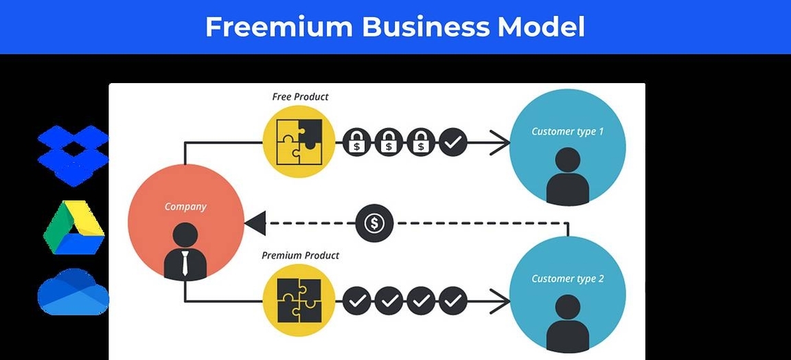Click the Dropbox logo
[73, 155]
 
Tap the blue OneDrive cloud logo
[73, 292]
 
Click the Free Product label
[300, 97]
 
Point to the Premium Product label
[300, 256]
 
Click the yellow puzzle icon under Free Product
[299, 142]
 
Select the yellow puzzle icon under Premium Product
[299, 300]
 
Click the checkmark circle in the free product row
[452, 143]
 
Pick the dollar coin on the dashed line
[375, 223]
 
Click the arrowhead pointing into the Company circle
[255, 223]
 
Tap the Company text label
[185, 207]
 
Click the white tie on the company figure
[185, 262]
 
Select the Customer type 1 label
[567, 131]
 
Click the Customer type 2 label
[567, 279]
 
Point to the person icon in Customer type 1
[567, 175]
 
